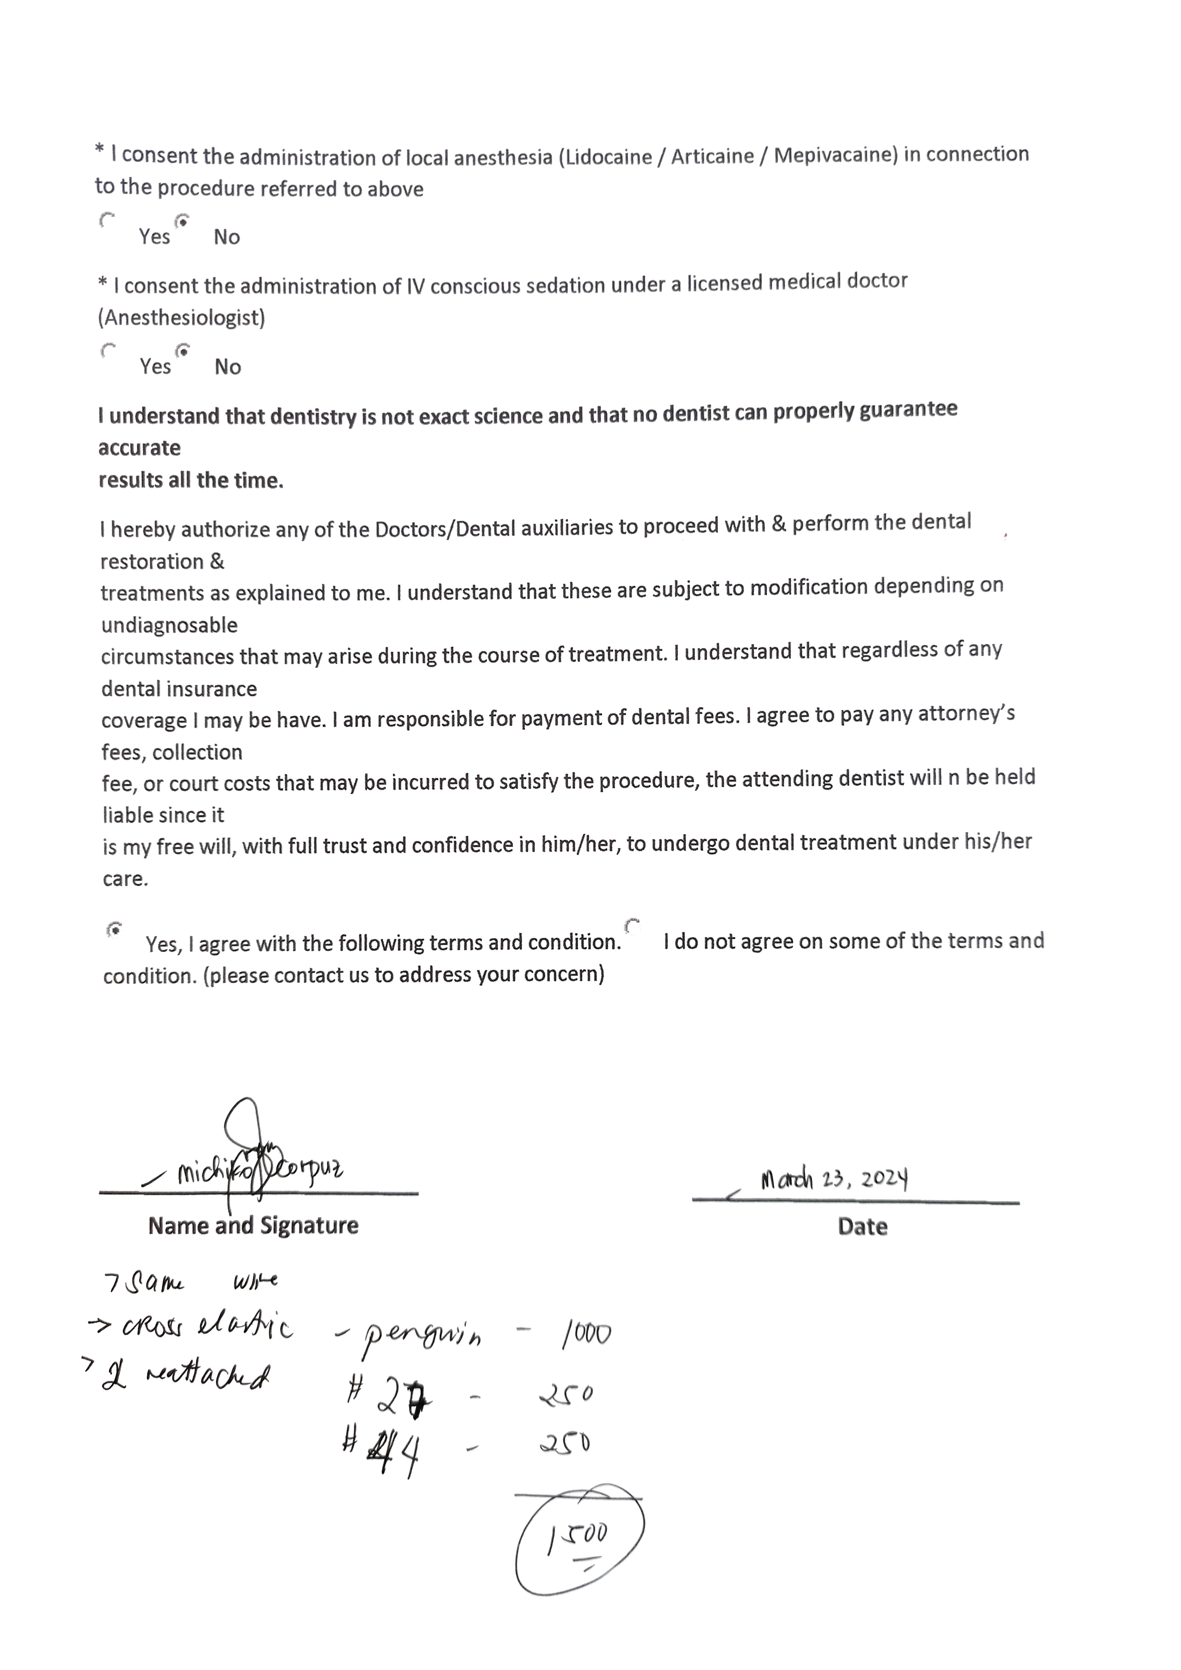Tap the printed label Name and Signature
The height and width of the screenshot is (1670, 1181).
pos(253,1226)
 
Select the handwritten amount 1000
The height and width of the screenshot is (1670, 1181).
pos(585,1333)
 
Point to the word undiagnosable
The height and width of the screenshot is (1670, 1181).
pos(169,626)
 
